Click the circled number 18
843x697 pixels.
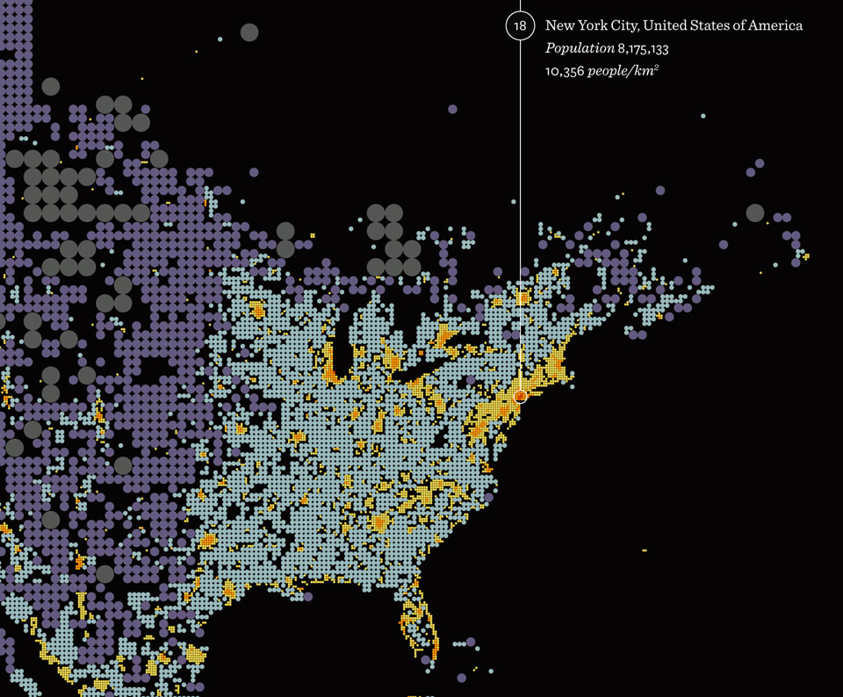(520, 26)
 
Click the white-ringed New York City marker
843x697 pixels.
(520, 396)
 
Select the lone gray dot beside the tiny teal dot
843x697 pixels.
(249, 32)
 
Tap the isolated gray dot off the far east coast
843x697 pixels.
(754, 212)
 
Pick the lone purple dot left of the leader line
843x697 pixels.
(452, 109)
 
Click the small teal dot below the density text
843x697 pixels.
(702, 116)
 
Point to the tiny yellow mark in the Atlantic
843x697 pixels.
(644, 550)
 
